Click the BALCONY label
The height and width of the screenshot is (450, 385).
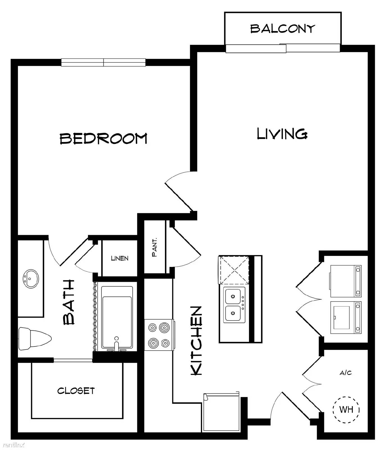click(x=282, y=28)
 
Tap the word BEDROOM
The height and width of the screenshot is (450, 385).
click(x=104, y=138)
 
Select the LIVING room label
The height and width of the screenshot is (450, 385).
click(x=282, y=134)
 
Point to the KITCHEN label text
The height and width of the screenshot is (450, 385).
click(x=196, y=341)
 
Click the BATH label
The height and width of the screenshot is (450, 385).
click(x=69, y=302)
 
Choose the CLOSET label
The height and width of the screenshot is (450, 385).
click(x=76, y=391)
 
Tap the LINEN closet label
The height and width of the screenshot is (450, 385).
click(x=120, y=258)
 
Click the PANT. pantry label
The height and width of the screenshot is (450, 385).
click(x=154, y=247)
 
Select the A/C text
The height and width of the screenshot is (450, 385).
click(x=346, y=373)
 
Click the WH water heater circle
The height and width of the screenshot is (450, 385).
click(x=346, y=409)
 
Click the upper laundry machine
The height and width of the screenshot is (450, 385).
click(x=346, y=281)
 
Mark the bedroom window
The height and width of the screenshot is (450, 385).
click(x=104, y=62)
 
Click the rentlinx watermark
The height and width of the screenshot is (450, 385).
click(x=13, y=445)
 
